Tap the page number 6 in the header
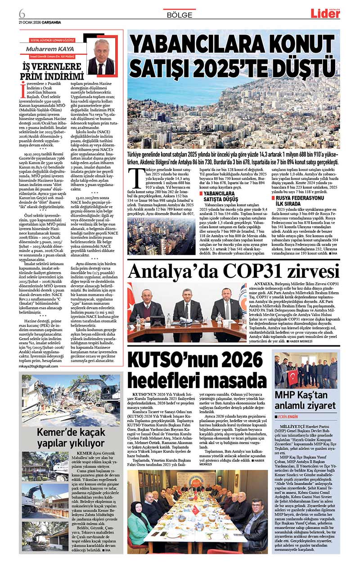point(22,12)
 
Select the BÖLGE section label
point(179,15)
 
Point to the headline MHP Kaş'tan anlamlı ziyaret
point(305,400)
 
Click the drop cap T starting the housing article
point(133,174)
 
